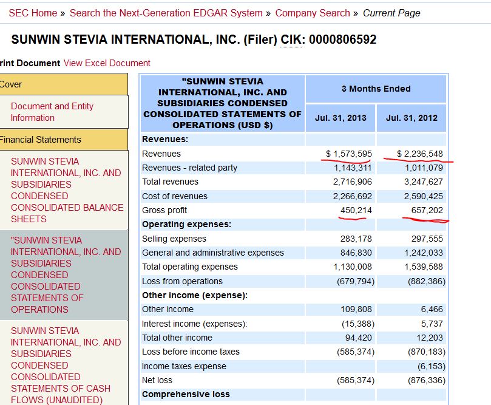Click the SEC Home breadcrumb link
coord(33,13)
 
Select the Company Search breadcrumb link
coord(313,13)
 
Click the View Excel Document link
coord(107,63)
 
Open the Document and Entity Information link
coord(52,112)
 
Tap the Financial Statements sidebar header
coord(41,139)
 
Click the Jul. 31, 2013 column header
coord(340,118)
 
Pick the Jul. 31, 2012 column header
coord(411,118)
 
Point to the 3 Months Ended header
coord(376,89)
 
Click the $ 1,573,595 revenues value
coord(349,154)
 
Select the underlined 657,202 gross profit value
coord(424,210)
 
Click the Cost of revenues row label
coord(175,196)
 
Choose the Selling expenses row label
coord(174,239)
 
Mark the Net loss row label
coord(157,380)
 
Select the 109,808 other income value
coord(356,309)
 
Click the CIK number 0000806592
coord(342,39)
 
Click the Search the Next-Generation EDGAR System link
coord(166,13)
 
